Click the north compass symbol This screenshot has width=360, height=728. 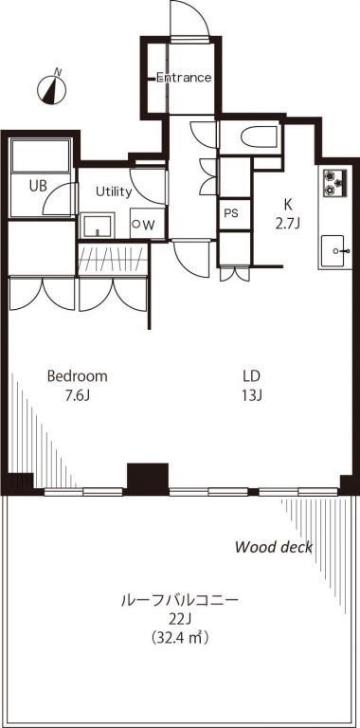tap(51, 88)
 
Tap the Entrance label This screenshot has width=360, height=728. tap(183, 78)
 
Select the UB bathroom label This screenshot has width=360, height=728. tap(38, 186)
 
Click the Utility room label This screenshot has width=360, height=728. tap(114, 191)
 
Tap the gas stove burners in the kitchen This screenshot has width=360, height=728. tap(334, 182)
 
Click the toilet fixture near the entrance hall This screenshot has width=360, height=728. tap(260, 136)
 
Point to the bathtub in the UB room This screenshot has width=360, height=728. tap(40, 155)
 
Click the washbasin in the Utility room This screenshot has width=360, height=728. tap(97, 226)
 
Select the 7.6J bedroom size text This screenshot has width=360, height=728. tap(78, 396)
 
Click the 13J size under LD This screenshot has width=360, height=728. tap(251, 396)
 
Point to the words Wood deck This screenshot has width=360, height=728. tap(274, 547)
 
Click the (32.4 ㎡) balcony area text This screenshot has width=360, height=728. tap(179, 638)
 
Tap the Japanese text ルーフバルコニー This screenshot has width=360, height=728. tap(180, 600)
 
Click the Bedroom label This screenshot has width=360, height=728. tap(78, 376)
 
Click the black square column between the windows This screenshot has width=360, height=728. tap(148, 479)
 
